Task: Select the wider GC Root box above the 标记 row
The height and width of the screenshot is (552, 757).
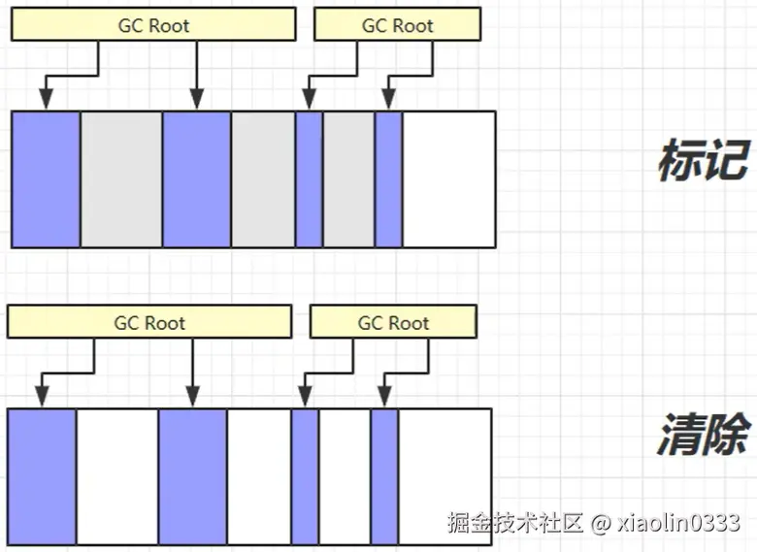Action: click(x=153, y=26)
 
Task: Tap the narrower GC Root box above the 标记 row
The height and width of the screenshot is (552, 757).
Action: click(x=397, y=26)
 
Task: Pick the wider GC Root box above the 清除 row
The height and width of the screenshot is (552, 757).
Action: click(x=148, y=323)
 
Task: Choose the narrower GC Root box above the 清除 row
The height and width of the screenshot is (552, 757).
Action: click(x=393, y=323)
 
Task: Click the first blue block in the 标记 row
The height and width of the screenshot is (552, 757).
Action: click(x=46, y=179)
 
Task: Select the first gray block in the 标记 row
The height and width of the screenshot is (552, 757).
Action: click(x=121, y=179)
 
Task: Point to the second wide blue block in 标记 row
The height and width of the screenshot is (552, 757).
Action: click(x=197, y=179)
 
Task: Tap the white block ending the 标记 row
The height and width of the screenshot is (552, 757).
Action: click(x=448, y=179)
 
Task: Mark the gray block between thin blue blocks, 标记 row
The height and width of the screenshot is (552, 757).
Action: click(x=348, y=179)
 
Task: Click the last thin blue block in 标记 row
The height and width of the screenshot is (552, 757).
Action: click(x=388, y=179)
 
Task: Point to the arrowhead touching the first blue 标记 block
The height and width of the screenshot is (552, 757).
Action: click(x=45, y=99)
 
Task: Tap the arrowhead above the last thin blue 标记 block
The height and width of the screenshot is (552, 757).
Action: click(x=388, y=99)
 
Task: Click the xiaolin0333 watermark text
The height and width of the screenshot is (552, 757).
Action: click(x=679, y=524)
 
